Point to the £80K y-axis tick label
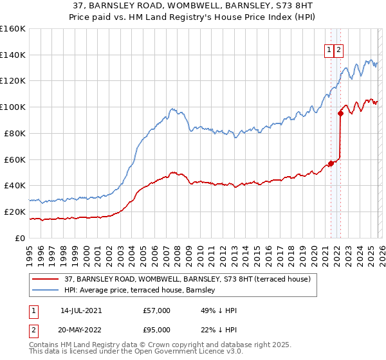14,133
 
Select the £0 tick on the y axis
20,238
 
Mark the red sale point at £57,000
331,163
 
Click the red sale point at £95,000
341,114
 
